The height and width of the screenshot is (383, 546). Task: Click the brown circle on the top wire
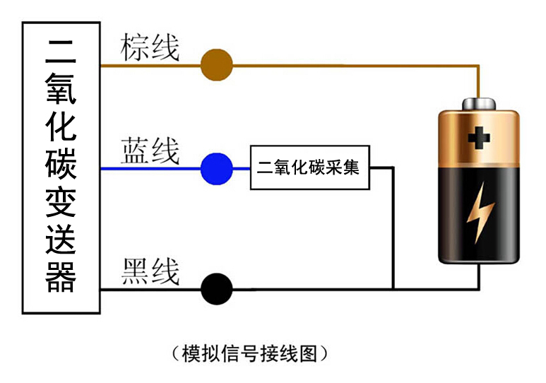[x=216, y=66]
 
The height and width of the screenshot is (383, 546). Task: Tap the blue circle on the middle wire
[x=216, y=169]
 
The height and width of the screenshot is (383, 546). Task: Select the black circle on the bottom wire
[x=216, y=288]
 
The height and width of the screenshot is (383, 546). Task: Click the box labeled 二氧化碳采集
[x=309, y=169]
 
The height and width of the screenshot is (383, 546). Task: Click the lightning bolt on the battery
[x=480, y=211]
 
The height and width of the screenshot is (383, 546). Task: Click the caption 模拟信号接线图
[x=250, y=353]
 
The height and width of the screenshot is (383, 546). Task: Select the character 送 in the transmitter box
[x=61, y=239]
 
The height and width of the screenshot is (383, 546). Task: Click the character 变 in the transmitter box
[x=61, y=201]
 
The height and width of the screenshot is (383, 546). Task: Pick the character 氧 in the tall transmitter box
[x=61, y=87]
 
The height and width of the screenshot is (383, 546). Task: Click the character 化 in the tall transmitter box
[x=61, y=125]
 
